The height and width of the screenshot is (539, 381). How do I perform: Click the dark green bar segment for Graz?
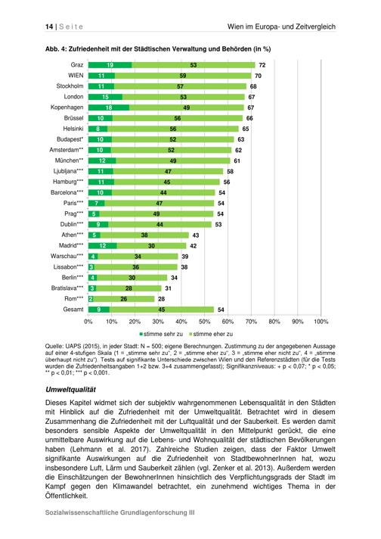(110, 65)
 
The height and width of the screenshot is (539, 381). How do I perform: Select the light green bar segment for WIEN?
(183, 76)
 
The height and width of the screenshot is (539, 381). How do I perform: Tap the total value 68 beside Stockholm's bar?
(253, 86)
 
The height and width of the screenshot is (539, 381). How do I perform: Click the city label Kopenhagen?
(67, 107)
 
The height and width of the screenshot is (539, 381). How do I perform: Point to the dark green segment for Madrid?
(103, 246)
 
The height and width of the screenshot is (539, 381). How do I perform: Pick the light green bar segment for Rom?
(124, 299)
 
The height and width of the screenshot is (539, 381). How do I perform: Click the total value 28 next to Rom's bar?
(161, 299)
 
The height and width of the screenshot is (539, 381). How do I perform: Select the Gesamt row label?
(73, 310)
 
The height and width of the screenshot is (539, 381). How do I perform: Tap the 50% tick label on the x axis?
(205, 322)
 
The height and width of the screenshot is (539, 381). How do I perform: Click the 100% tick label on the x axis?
(321, 322)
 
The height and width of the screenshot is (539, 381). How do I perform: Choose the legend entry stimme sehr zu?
(161, 334)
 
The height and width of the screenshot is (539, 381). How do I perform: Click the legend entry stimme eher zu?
(211, 334)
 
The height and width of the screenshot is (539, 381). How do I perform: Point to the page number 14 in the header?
(49, 26)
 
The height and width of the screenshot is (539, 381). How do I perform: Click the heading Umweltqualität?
(70, 389)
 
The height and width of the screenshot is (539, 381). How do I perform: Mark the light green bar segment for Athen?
(144, 235)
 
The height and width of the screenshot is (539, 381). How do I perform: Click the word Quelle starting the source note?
(53, 347)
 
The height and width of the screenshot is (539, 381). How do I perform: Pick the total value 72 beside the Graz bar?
(262, 65)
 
